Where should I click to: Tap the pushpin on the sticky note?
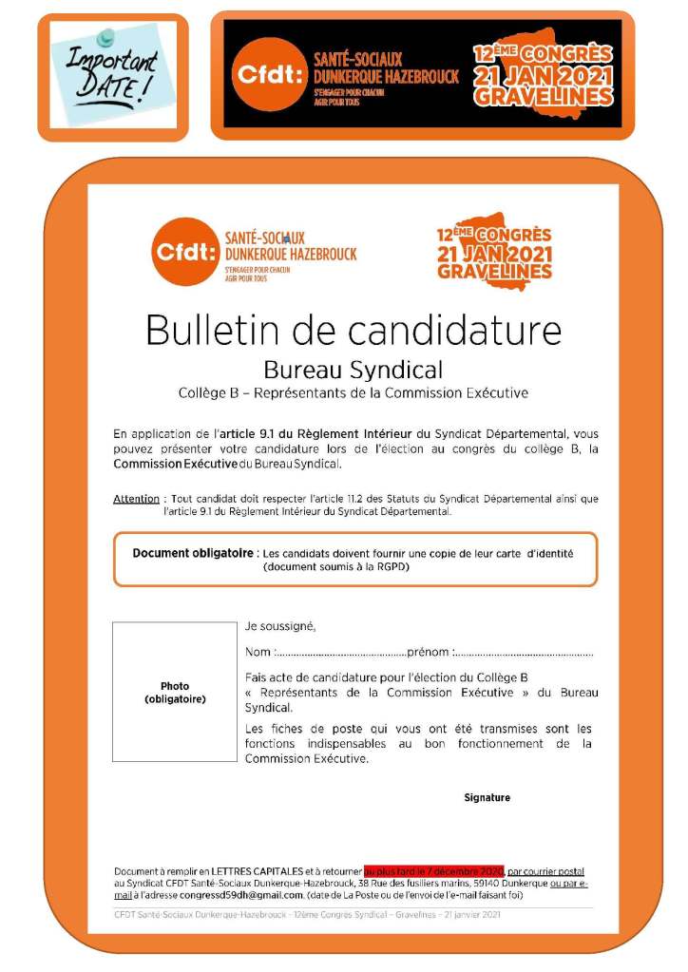tap(106, 37)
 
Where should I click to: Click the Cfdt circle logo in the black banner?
tap(265, 75)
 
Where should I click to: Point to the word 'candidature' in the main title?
tap(454, 330)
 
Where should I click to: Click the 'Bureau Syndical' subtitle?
tap(353, 369)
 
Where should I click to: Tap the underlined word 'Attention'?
tap(136, 498)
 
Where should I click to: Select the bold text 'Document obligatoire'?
tap(193, 552)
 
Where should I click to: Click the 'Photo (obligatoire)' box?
tap(174, 692)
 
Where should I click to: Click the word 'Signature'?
tap(487, 797)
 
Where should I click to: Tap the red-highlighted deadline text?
tap(433, 870)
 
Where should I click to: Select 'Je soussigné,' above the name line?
tap(279, 626)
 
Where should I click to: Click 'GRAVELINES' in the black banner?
tap(543, 97)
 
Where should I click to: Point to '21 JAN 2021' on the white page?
tap(493, 254)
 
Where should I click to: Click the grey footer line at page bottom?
tap(306, 915)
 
